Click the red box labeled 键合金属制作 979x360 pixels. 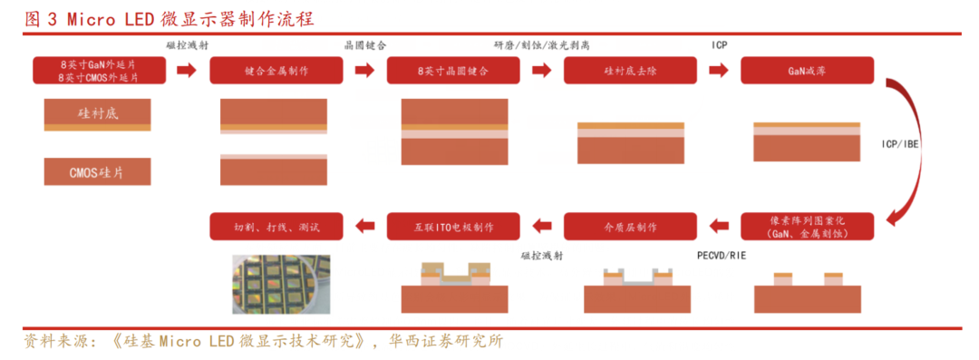pyautogui.click(x=276, y=71)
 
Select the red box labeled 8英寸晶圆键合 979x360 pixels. pyautogui.click(x=453, y=71)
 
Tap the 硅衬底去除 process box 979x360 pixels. pyautogui.click(x=631, y=71)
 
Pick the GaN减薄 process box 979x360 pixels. pyautogui.click(x=808, y=71)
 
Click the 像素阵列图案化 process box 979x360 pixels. pyautogui.click(x=808, y=227)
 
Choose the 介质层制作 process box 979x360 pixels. pyautogui.click(x=631, y=227)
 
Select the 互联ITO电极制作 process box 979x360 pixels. pyautogui.click(x=453, y=227)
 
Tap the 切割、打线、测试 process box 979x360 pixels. pyautogui.click(x=276, y=227)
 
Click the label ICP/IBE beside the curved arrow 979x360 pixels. pyautogui.click(x=900, y=144)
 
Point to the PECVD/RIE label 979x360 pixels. pyautogui.click(x=722, y=256)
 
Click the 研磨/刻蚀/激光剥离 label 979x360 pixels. pyautogui.click(x=542, y=45)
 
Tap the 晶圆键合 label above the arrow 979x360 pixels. pyautogui.click(x=365, y=45)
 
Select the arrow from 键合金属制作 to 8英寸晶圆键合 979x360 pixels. pyautogui.click(x=364, y=71)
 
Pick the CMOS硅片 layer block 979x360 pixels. pyautogui.click(x=97, y=171)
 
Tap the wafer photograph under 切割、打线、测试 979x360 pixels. pyautogui.click(x=281, y=284)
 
